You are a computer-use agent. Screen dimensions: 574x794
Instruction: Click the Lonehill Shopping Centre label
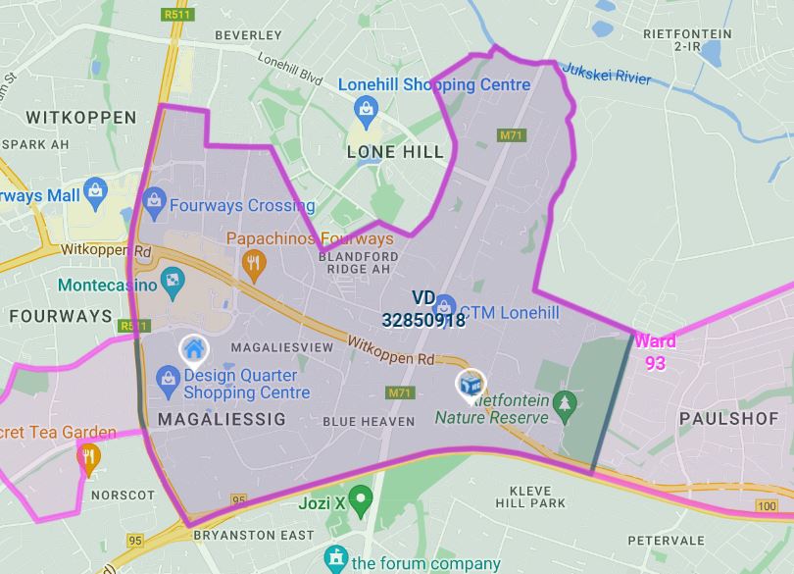click(x=434, y=84)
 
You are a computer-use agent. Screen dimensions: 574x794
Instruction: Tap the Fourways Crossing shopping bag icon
click(x=153, y=202)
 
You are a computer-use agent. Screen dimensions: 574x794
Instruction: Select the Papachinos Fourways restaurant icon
click(x=254, y=262)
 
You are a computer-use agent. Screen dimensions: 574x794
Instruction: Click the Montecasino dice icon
click(x=173, y=285)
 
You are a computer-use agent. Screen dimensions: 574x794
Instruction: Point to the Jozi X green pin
click(x=362, y=499)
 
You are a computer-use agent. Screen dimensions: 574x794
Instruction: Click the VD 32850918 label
click(x=424, y=308)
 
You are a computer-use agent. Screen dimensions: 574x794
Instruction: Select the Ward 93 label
click(x=654, y=352)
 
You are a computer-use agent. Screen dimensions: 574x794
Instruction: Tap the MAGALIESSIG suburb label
click(x=221, y=419)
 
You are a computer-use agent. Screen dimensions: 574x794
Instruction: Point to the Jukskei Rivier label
click(x=605, y=72)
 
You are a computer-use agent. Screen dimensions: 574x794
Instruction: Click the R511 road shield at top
click(x=175, y=15)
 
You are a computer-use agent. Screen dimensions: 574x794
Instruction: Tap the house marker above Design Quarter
click(x=193, y=348)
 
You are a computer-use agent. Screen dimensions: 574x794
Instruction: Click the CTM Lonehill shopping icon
click(x=444, y=306)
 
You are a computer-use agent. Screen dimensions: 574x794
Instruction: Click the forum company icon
click(x=336, y=560)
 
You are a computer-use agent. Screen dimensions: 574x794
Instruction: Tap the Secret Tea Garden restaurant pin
click(x=88, y=456)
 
